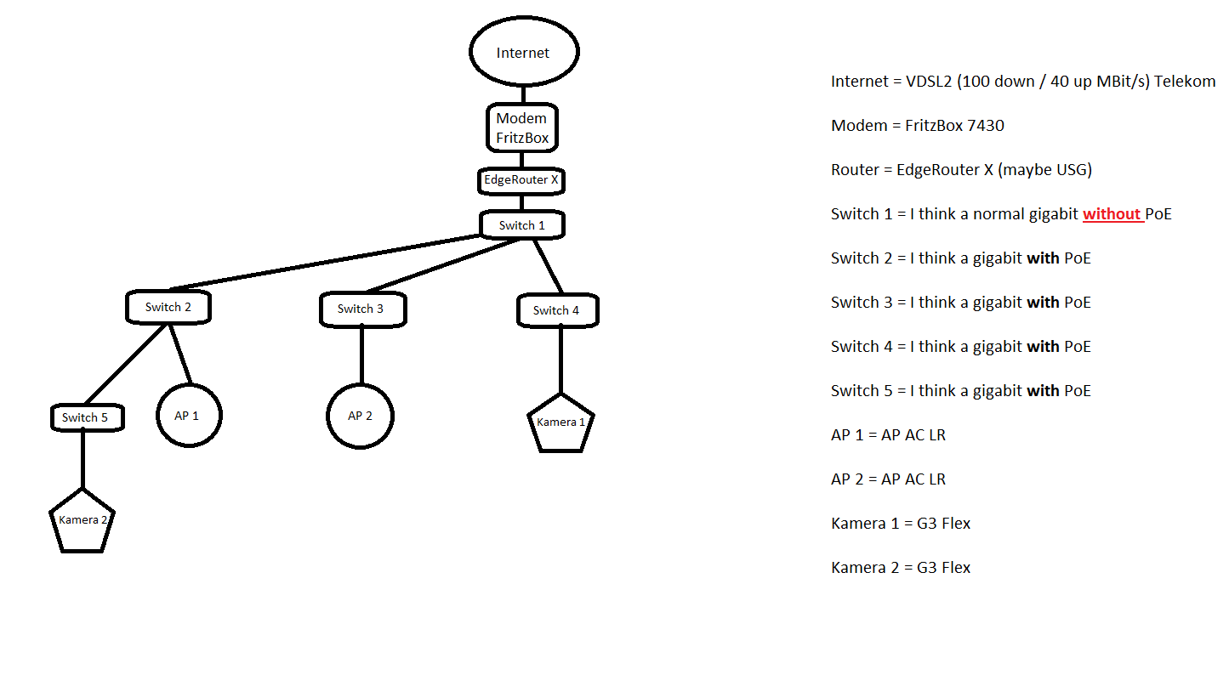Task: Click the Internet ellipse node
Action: [524, 52]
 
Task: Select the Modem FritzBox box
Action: [522, 128]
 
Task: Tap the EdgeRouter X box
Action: [521, 180]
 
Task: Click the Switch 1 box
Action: [522, 225]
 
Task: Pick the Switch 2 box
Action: [168, 307]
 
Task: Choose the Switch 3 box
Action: [362, 309]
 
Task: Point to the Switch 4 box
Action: [557, 310]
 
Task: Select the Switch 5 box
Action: [86, 417]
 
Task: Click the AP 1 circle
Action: [189, 416]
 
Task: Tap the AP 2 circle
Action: [361, 416]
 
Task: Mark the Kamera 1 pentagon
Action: [560, 422]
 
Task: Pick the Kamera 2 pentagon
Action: [83, 520]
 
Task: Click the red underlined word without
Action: [1112, 214]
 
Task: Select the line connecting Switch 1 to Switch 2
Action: [323, 263]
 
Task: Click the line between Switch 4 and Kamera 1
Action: [560, 360]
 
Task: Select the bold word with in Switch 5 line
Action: [1043, 391]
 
